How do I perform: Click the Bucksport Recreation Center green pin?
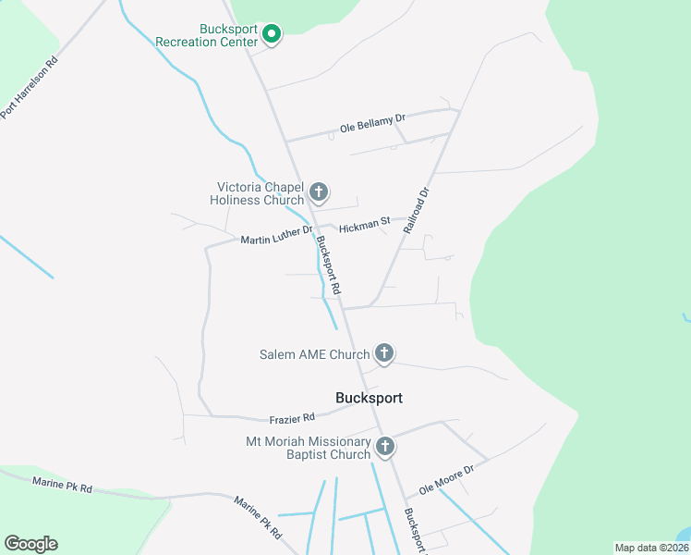click(x=272, y=34)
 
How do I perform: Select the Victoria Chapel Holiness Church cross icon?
click(x=319, y=192)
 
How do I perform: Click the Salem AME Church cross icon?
click(x=384, y=353)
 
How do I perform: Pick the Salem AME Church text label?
click(x=314, y=354)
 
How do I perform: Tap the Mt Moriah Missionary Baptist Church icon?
click(x=385, y=447)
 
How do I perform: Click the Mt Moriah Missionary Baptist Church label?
click(x=308, y=448)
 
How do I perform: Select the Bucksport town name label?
click(x=369, y=398)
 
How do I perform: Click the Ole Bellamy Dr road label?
click(x=373, y=120)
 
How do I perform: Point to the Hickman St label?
click(x=365, y=225)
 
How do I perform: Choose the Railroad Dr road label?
click(x=418, y=210)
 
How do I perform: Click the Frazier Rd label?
click(x=292, y=419)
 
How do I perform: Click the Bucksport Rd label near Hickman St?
click(x=328, y=265)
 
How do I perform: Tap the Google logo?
click(x=30, y=544)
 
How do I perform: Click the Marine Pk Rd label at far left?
click(x=62, y=485)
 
